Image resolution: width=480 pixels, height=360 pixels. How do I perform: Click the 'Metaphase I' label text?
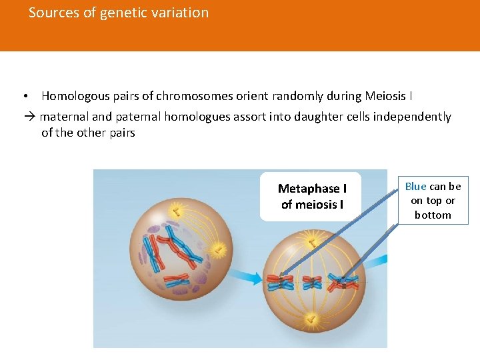coord(312,189)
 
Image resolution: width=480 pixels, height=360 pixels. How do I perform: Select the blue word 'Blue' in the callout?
coord(415,187)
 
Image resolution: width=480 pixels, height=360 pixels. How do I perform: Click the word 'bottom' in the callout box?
coord(433,215)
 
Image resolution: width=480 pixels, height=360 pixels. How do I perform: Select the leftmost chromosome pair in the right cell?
coord(280,283)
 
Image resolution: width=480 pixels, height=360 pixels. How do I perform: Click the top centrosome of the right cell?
coord(311,238)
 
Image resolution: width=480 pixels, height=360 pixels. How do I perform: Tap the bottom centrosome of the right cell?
coord(311,321)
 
